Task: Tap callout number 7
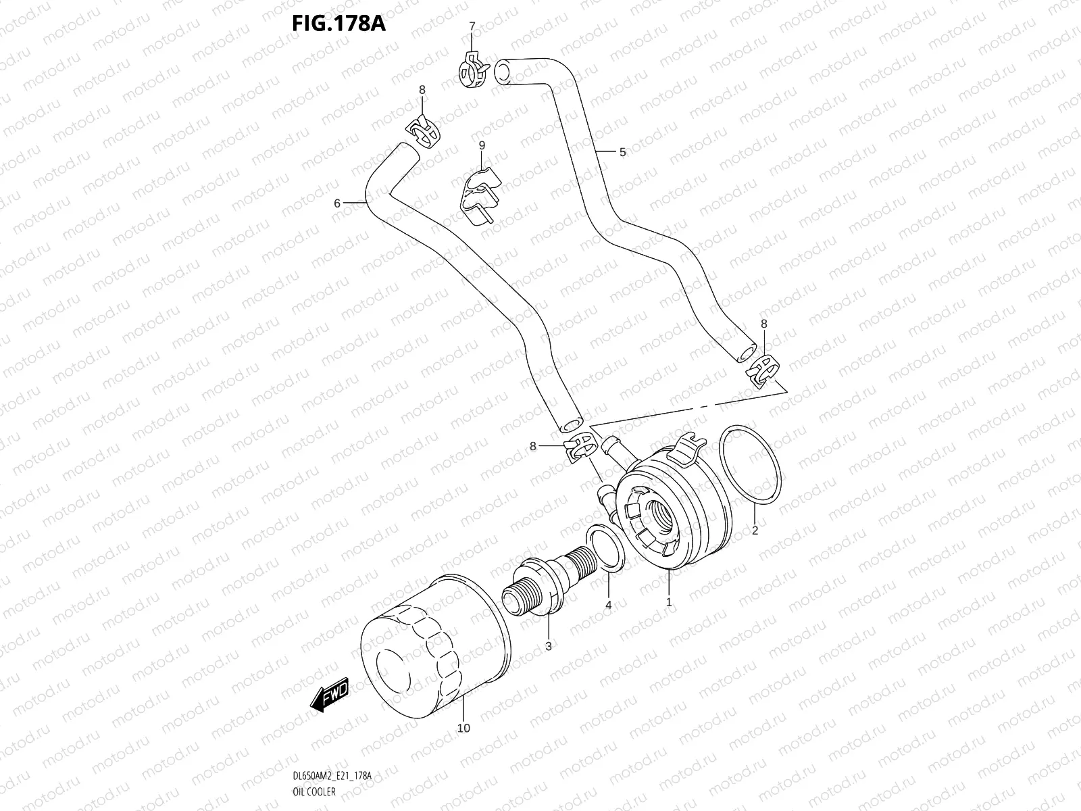pos(472,26)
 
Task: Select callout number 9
pos(482,145)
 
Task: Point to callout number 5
pos(622,152)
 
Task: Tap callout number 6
pos(336,202)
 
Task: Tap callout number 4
pos(608,605)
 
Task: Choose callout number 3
pos(548,647)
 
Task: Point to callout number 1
pos(668,601)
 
